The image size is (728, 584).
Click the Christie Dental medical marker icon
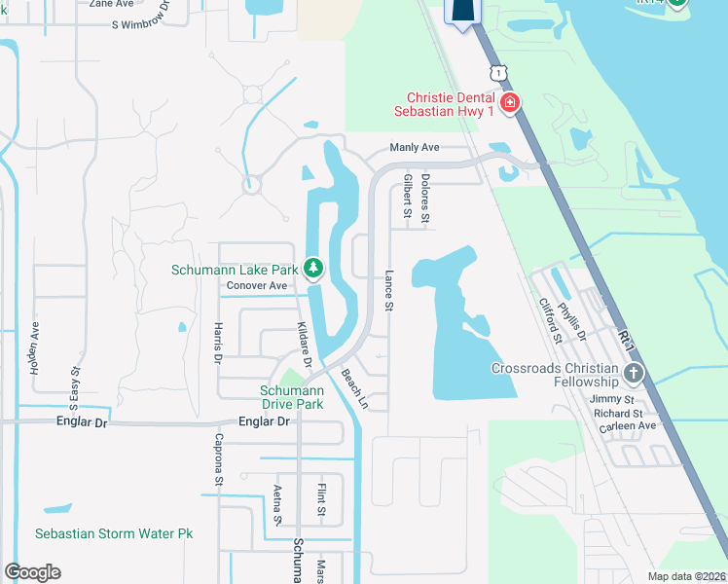pyautogui.click(x=508, y=102)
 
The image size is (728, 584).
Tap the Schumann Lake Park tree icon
pyautogui.click(x=312, y=267)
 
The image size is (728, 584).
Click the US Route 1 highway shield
pyautogui.click(x=498, y=73)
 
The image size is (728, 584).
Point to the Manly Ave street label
pyautogui.click(x=415, y=147)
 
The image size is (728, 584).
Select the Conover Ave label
pyautogui.click(x=257, y=286)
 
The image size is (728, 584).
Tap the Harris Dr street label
pyautogui.click(x=217, y=343)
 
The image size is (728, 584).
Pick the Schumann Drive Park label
pyautogui.click(x=291, y=397)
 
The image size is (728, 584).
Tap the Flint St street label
pyautogui.click(x=320, y=497)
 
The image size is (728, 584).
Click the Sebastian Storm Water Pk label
pyautogui.click(x=114, y=533)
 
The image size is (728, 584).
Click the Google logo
pyautogui.click(x=33, y=571)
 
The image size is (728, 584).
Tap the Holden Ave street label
pyautogui.click(x=35, y=348)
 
